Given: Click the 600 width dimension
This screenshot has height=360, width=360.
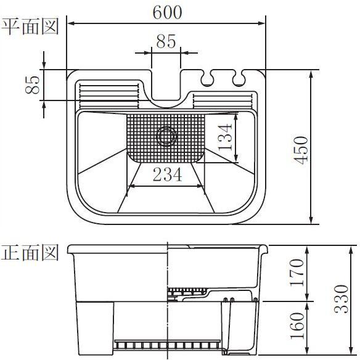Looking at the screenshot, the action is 167,12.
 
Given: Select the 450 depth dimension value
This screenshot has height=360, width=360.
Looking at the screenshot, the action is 301,150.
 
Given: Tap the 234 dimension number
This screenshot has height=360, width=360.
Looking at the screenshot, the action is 168,174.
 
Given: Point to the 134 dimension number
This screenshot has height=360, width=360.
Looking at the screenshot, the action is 225,137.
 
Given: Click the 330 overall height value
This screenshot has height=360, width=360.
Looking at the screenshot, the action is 341,299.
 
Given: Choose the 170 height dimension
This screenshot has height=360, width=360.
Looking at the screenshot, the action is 297,272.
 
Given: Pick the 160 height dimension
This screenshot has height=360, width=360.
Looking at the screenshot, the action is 297,326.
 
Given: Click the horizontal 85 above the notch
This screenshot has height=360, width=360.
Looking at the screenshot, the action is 166,41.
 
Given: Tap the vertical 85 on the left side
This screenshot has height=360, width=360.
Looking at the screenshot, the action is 33,84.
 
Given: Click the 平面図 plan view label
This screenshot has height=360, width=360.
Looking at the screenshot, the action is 30,27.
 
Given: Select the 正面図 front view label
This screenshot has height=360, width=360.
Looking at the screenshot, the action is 30,252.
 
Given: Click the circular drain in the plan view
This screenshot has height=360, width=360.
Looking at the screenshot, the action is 166,136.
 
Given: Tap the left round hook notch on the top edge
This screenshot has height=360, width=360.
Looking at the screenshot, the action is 207,78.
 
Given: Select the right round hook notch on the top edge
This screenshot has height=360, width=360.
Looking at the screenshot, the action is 239,78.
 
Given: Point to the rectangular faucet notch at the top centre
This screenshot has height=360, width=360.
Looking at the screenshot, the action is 166,84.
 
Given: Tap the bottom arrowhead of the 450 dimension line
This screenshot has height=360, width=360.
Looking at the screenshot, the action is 311,221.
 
